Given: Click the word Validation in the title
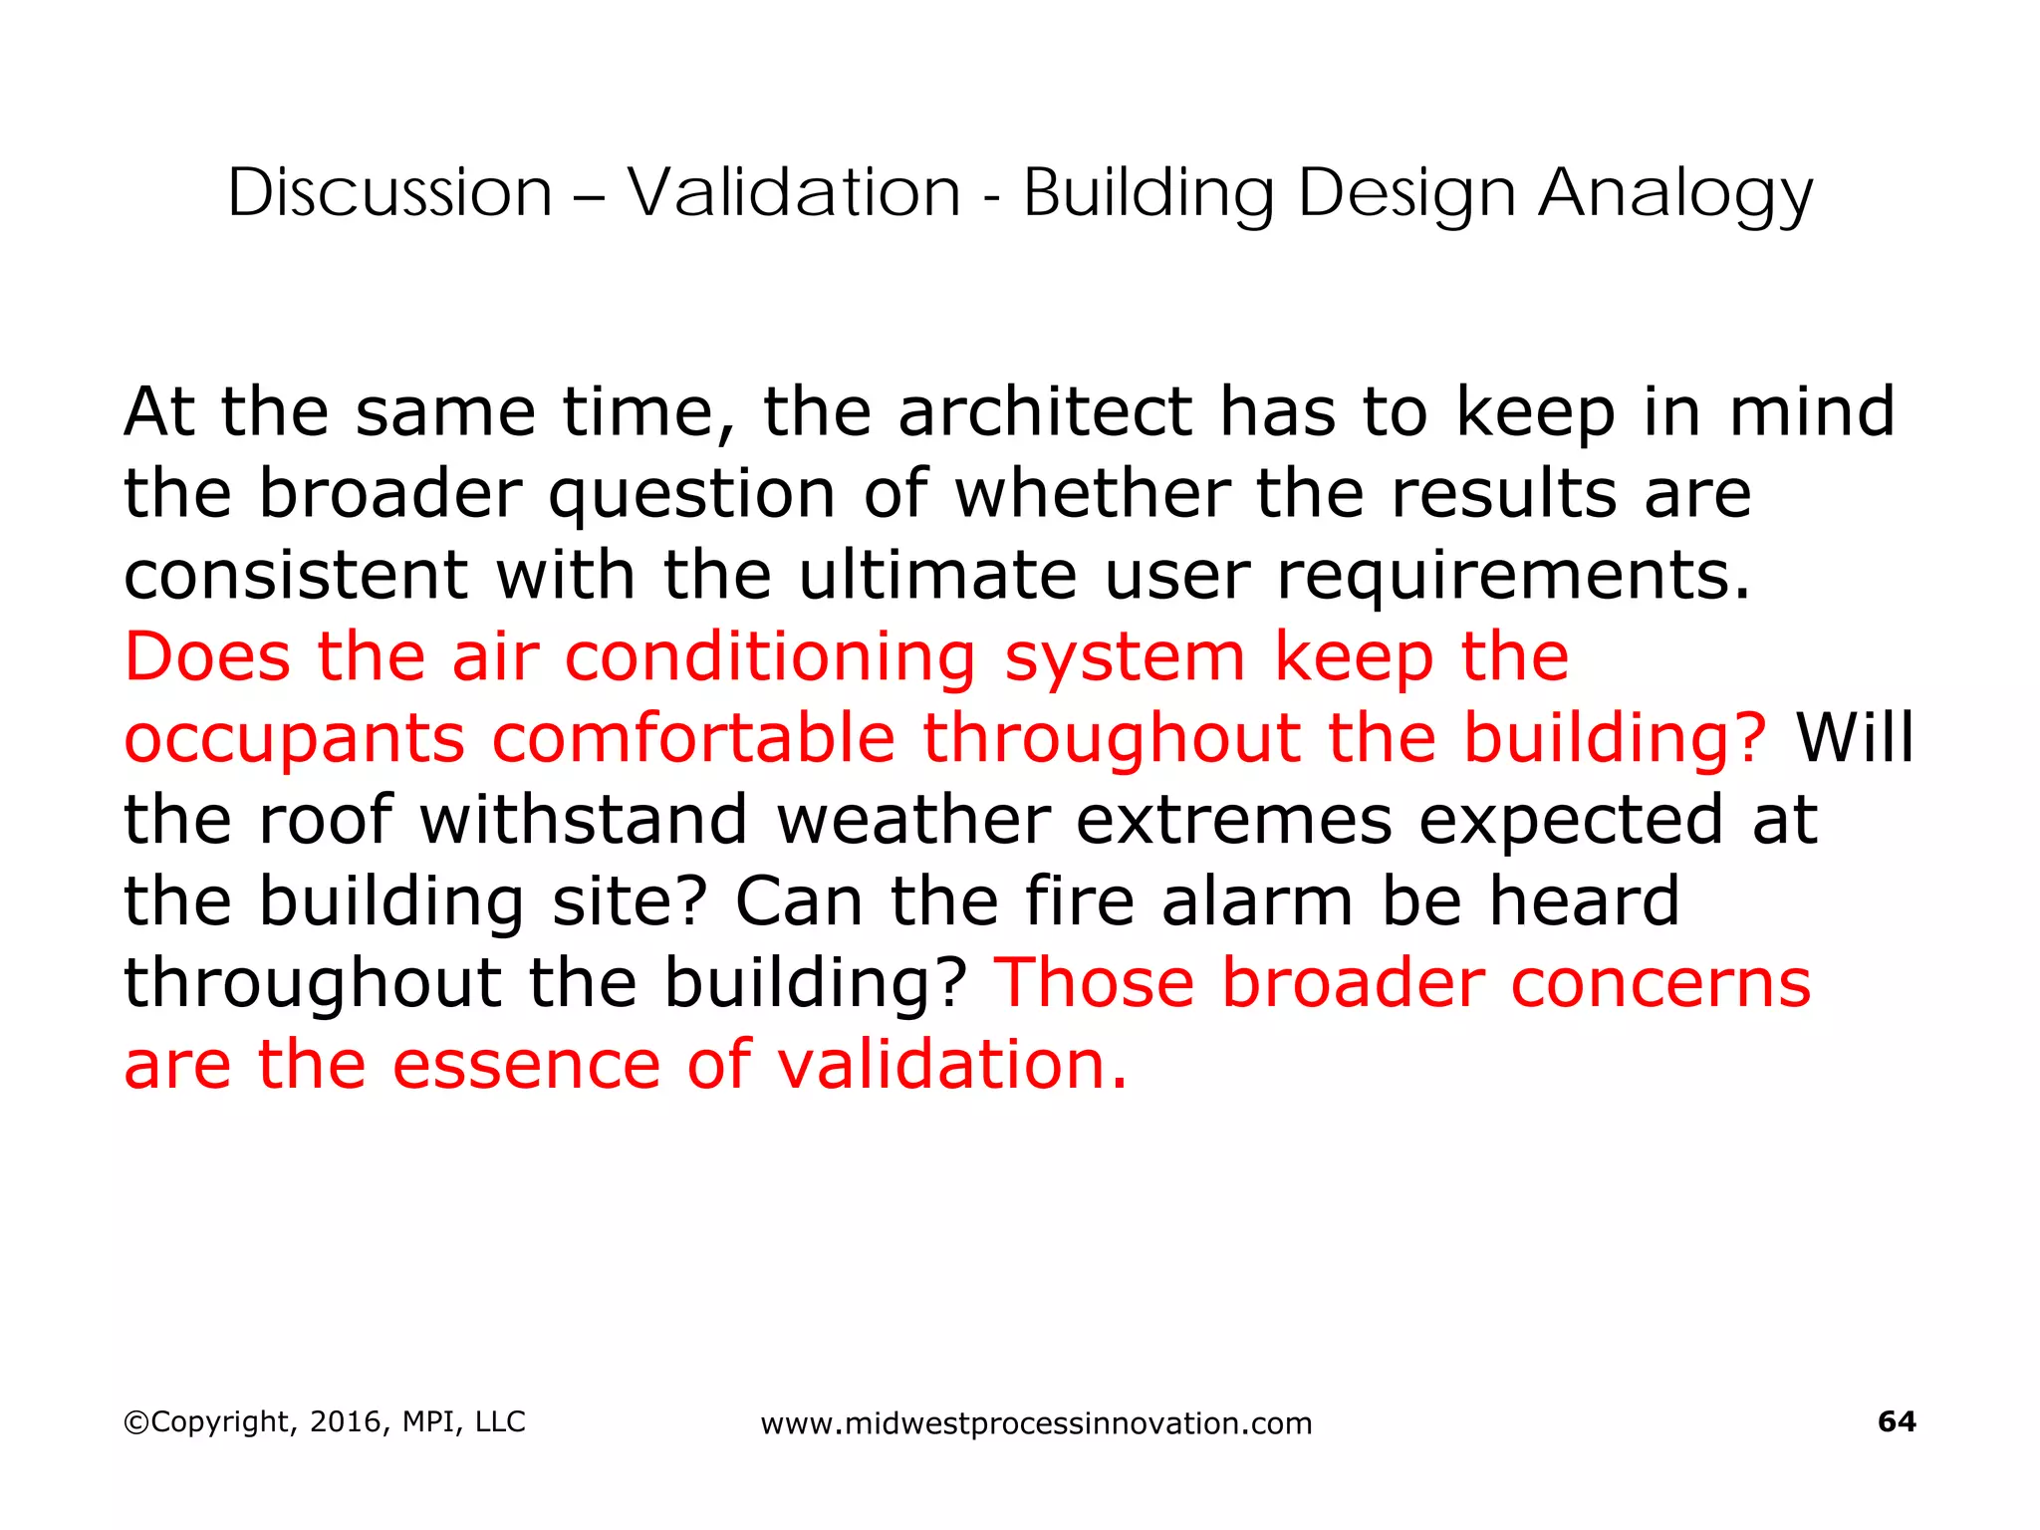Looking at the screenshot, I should [794, 192].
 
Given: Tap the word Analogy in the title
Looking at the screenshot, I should [1675, 192].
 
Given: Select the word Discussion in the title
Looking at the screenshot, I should [389, 192].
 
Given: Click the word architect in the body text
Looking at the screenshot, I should [1045, 411].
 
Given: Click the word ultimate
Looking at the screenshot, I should [937, 576].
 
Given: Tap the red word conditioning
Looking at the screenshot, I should [770, 658].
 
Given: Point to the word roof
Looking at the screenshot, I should [325, 820].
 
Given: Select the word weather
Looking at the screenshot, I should [912, 820].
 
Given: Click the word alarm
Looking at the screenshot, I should [1257, 901].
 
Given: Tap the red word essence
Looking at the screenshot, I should [525, 1065].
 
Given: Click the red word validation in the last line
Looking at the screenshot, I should [951, 1065].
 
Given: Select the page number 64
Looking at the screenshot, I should [1896, 1421].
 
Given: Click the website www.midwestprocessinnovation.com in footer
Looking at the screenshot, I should [1036, 1424].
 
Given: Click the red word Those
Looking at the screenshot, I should [1094, 983].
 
